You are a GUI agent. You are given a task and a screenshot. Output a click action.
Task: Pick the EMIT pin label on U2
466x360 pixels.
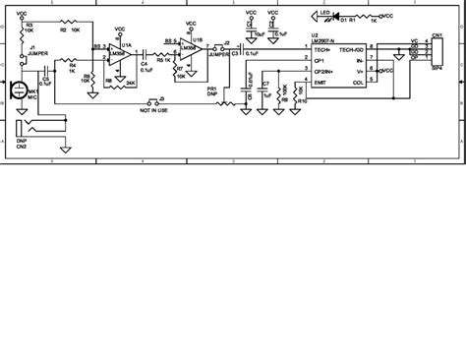320,82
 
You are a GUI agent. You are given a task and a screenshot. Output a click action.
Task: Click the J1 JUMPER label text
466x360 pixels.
36,51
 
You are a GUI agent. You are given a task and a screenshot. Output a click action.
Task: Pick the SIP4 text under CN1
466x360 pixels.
436,68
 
